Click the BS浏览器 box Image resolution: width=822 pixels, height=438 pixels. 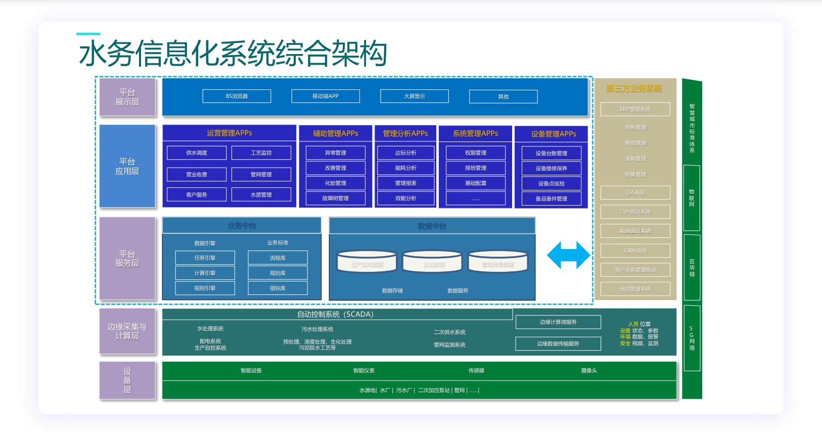pyautogui.click(x=237, y=96)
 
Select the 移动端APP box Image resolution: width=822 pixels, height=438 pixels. pyautogui.click(x=326, y=96)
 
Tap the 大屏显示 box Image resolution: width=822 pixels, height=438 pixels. pyautogui.click(x=415, y=96)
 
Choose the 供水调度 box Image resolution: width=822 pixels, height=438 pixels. pyautogui.click(x=197, y=153)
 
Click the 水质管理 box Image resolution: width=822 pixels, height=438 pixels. pyautogui.click(x=261, y=194)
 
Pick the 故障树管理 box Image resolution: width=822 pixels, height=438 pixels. pyautogui.click(x=335, y=198)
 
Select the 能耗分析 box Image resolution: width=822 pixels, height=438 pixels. pyautogui.click(x=405, y=168)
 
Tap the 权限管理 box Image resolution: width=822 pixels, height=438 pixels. pyautogui.click(x=476, y=153)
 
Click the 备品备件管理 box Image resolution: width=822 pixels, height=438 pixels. pyautogui.click(x=551, y=199)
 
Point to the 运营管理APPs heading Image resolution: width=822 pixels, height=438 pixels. pyautogui.click(x=229, y=133)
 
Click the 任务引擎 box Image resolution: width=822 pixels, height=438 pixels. pyautogui.click(x=205, y=258)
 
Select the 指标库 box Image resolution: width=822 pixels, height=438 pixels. pyautogui.click(x=278, y=288)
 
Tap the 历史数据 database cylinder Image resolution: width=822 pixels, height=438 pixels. pyautogui.click(x=432, y=262)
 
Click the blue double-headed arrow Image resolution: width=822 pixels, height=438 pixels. pyautogui.click(x=568, y=255)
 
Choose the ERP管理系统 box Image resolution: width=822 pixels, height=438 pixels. pyautogui.click(x=635, y=109)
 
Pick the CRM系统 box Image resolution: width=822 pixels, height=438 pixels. pyautogui.click(x=635, y=251)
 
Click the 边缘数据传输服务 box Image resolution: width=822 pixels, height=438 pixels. pyautogui.click(x=558, y=344)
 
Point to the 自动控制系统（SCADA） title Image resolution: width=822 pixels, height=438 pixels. pyautogui.click(x=335, y=314)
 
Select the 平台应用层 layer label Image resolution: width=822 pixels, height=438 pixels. pyautogui.click(x=127, y=166)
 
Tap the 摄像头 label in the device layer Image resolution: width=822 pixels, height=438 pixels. pyautogui.click(x=589, y=370)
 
